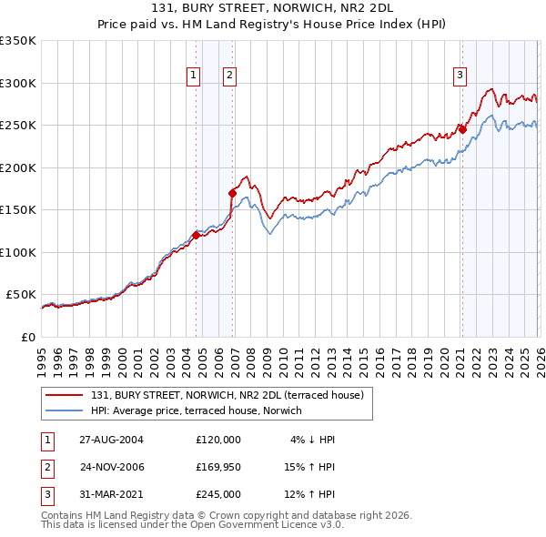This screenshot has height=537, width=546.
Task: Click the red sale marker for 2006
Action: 233,193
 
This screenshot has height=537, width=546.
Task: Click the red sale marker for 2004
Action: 197,235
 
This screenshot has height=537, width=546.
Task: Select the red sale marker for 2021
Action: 462,129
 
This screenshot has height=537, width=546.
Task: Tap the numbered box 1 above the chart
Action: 194,76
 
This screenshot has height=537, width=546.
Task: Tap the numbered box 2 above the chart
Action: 229,76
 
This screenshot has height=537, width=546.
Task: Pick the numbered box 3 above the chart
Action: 460,76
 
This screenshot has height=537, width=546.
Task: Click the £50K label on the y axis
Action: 20,295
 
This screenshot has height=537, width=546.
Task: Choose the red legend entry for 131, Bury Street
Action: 227,395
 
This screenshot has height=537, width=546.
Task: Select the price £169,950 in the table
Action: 217,467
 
